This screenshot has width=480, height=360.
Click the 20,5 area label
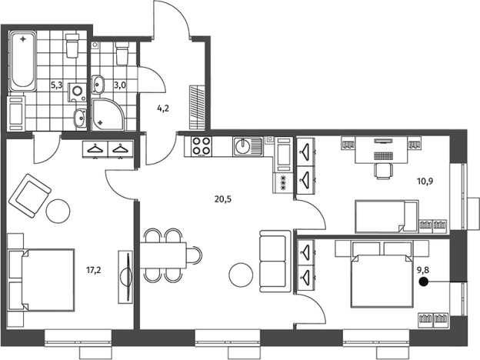[223, 199]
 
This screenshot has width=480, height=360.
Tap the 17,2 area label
[93, 270]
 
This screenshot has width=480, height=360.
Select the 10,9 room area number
[425, 182]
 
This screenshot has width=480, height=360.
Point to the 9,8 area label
[423, 270]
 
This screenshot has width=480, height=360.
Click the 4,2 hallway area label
[163, 108]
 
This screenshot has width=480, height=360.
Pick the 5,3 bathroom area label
[57, 85]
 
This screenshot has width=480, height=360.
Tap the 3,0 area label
[120, 85]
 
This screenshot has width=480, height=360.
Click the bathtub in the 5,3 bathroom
[22, 61]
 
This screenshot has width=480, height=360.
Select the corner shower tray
[108, 114]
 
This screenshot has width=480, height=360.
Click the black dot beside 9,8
[423, 282]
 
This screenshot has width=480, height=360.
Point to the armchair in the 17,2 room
[29, 195]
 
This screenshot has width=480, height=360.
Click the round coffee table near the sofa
[242, 275]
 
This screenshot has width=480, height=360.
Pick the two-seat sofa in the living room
[275, 261]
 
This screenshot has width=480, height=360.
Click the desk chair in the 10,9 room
[383, 170]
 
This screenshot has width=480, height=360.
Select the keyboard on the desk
[383, 156]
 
